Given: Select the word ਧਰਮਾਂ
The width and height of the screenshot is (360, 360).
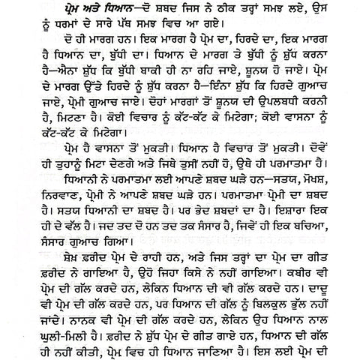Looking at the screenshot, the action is point(76,33).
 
